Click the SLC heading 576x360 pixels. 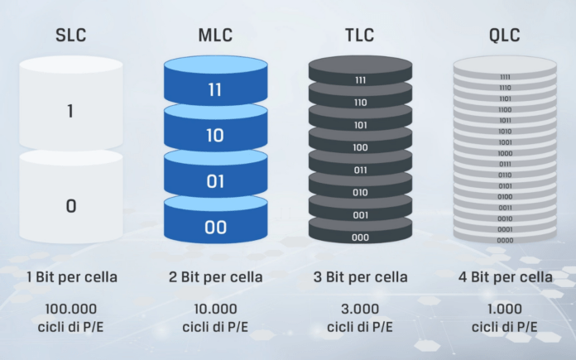[x=71, y=36]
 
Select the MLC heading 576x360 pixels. [x=215, y=36]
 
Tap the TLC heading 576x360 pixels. [x=360, y=36]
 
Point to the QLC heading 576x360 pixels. [x=505, y=36]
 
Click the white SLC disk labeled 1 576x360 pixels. [x=71, y=111]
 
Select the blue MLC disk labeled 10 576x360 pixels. [x=215, y=136]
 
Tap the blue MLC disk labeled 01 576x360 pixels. [x=215, y=181]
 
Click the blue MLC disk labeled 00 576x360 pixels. [x=215, y=227]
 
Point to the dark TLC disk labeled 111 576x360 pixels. [x=360, y=80]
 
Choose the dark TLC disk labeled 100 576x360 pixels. [x=360, y=147]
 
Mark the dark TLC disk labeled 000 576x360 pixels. [x=360, y=237]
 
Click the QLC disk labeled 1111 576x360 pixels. [x=505, y=77]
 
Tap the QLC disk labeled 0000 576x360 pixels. [x=505, y=240]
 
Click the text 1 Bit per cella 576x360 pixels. [x=71, y=277]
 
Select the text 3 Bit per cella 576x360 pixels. [x=360, y=277]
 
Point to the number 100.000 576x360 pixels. [x=71, y=310]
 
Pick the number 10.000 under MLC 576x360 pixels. [x=215, y=310]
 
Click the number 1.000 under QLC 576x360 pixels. [x=505, y=310]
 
